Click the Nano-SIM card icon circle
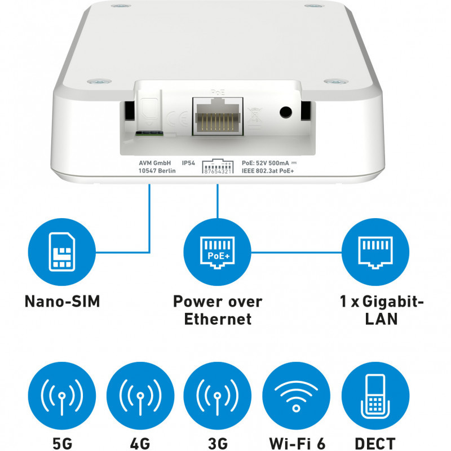[x=62, y=252]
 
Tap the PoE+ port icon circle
[x=217, y=252]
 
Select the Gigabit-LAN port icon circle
[x=375, y=252]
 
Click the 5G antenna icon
[x=62, y=396]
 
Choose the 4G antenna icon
[x=140, y=396]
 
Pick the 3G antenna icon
[x=217, y=396]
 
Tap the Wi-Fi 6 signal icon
[x=297, y=396]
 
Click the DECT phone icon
[x=375, y=396]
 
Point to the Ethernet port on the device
[x=218, y=116]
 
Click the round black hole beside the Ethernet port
[x=286, y=112]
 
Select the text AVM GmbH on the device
[x=154, y=163]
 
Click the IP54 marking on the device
[x=188, y=163]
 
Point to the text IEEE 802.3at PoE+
[x=268, y=171]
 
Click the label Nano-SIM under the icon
[x=62, y=302]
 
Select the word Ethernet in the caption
[x=218, y=319]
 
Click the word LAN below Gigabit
[x=382, y=319]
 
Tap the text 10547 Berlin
[x=157, y=171]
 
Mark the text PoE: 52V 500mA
[x=265, y=163]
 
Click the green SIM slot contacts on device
[x=149, y=133]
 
